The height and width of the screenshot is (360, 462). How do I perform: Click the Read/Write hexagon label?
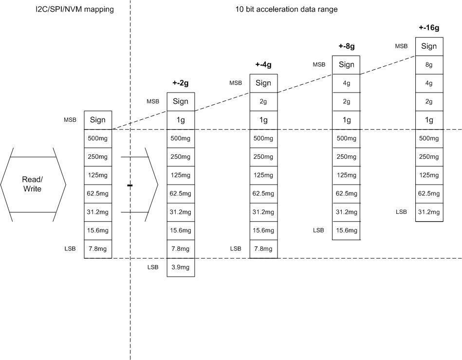(x=33, y=184)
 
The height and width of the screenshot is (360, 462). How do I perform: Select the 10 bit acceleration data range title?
(x=286, y=9)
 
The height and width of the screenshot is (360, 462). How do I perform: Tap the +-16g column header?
(x=429, y=28)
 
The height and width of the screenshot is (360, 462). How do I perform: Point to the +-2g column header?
(x=181, y=83)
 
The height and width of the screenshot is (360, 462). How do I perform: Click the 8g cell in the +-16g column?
(x=429, y=65)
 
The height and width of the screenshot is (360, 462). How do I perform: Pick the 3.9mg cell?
(x=181, y=267)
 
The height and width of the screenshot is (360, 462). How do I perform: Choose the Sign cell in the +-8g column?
(x=346, y=65)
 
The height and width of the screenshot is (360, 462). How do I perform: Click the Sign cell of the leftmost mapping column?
(x=98, y=120)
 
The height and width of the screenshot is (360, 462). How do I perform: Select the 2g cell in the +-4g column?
(x=263, y=102)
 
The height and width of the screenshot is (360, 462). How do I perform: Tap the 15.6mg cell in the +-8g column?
(x=346, y=230)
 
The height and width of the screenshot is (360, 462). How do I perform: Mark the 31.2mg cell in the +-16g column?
(x=429, y=212)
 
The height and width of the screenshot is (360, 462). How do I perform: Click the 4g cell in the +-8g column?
(x=346, y=83)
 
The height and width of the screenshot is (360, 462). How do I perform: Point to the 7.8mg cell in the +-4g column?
(x=263, y=249)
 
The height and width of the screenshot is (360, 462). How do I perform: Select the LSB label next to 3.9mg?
(x=153, y=267)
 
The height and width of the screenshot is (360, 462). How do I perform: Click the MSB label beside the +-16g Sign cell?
(x=401, y=46)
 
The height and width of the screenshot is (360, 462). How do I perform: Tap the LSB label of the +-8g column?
(x=318, y=230)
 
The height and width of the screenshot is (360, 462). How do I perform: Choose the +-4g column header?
(x=263, y=65)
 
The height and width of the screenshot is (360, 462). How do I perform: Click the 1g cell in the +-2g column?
(x=181, y=120)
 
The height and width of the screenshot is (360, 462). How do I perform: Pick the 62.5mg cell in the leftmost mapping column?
(x=98, y=193)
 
